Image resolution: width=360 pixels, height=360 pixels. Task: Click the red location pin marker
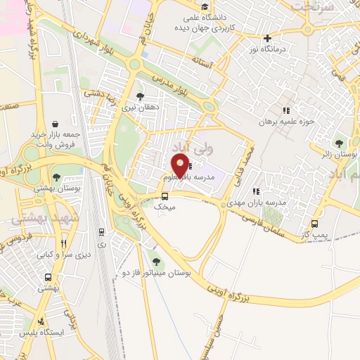click(x=180, y=166)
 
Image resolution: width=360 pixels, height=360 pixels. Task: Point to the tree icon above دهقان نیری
click(x=140, y=96)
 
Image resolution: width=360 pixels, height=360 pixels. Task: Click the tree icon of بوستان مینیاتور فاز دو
click(x=156, y=262)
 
